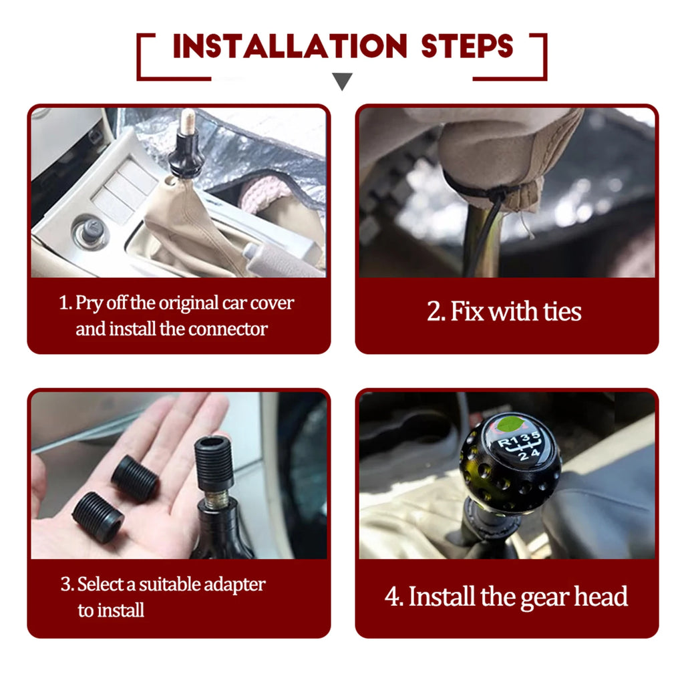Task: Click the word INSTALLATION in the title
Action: (290, 46)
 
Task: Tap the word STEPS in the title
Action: (467, 46)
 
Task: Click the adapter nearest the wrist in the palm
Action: (98, 517)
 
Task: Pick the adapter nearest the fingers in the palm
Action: (135, 478)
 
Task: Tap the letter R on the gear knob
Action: (504, 442)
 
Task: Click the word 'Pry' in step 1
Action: (88, 303)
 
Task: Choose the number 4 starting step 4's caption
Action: (391, 597)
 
